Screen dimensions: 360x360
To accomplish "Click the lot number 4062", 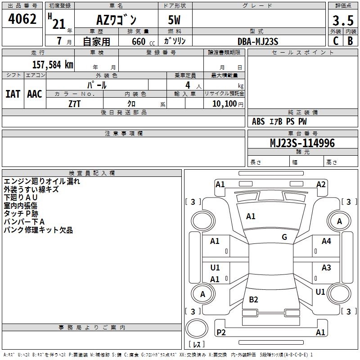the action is pos(22,18).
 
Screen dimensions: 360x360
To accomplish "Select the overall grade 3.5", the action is pos(343,20).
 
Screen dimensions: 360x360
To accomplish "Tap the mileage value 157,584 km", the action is pos(53,64).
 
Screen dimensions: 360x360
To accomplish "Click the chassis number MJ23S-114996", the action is pos(302,143).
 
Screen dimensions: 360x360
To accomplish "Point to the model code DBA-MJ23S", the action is pos(258,41).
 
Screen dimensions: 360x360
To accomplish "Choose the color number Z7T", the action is pos(74,104).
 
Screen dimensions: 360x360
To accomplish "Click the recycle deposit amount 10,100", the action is pos(224,103).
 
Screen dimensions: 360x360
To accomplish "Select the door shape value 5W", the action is pos(174,20).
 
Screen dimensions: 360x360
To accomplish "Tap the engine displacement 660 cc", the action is pos(143,42).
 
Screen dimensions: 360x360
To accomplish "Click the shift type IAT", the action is pos(13,94).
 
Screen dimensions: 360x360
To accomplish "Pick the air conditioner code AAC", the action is pos(35,94).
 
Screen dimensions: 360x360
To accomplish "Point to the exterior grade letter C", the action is pos(336,41).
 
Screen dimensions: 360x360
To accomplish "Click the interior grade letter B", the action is pos(350,41).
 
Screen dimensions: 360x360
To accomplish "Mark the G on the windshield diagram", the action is pos(284,237).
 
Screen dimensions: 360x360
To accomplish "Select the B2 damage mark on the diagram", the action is pos(253,299).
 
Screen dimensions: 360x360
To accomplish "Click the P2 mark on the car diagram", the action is pos(221,332).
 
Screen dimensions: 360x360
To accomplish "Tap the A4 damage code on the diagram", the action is pos(326,241).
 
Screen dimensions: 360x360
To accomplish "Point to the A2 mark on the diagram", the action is pos(321,184).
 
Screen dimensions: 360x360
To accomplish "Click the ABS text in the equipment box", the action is pos(258,121).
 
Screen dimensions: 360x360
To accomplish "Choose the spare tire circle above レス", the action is pos(197,328).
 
